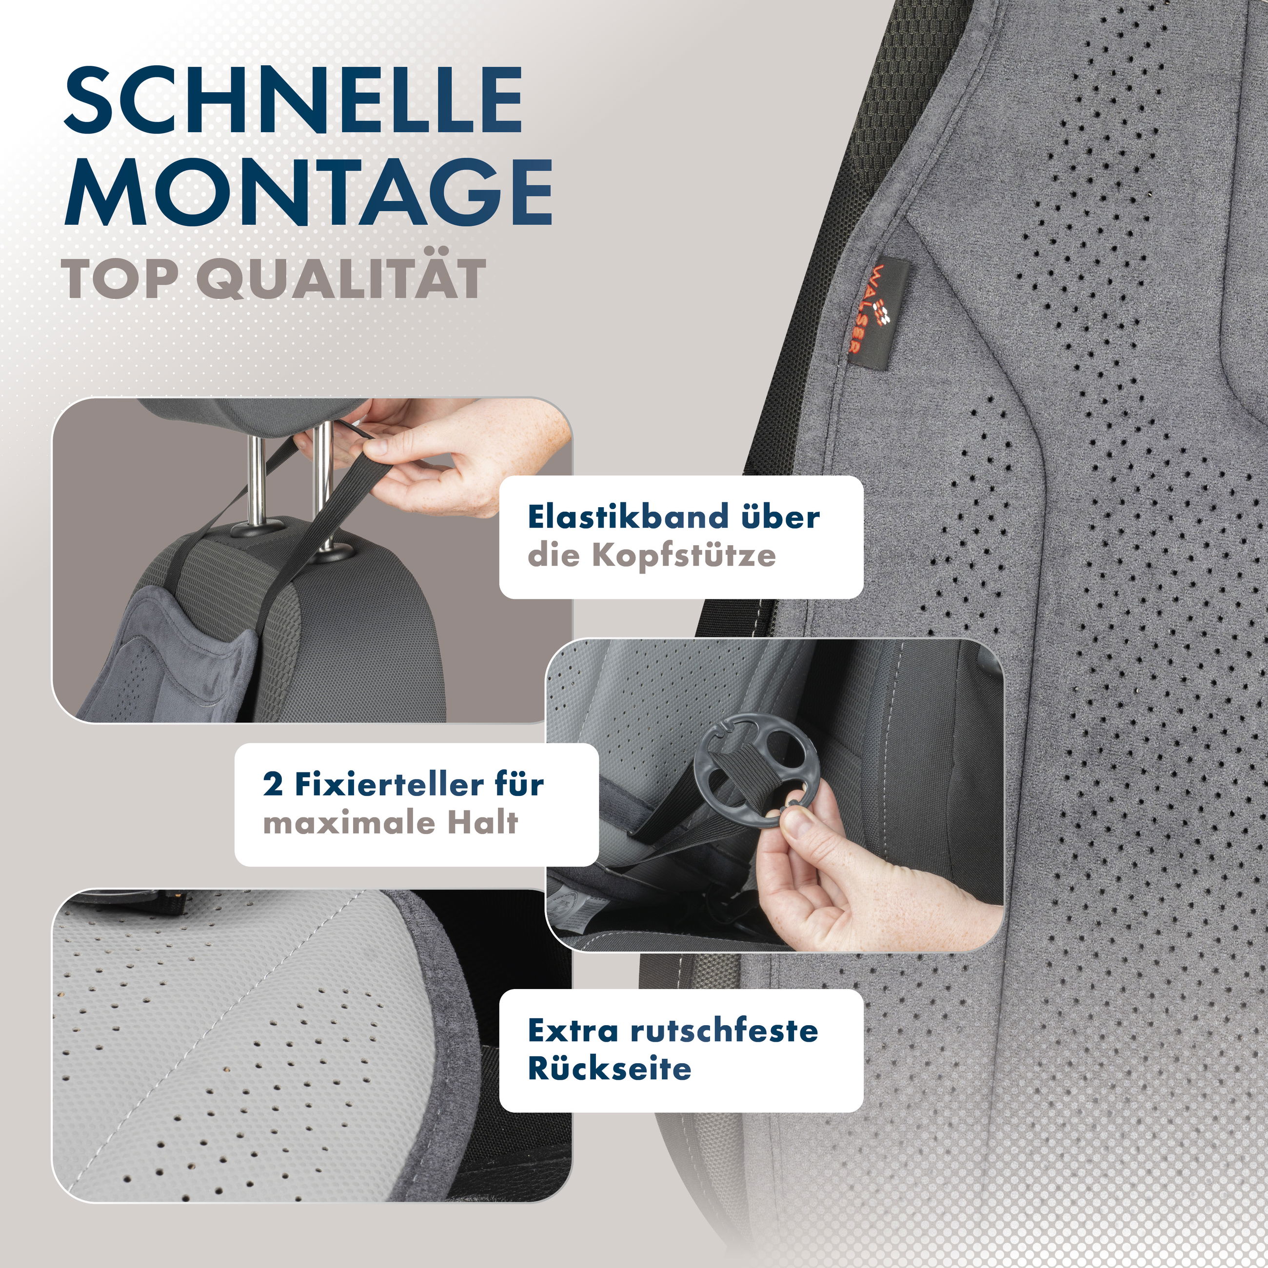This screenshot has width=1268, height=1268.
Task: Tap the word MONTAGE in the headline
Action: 307,192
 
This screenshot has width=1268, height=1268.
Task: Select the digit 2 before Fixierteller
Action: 272,785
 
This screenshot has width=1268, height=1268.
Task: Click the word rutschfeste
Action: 724,1030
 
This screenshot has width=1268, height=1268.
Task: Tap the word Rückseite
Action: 609,1069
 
